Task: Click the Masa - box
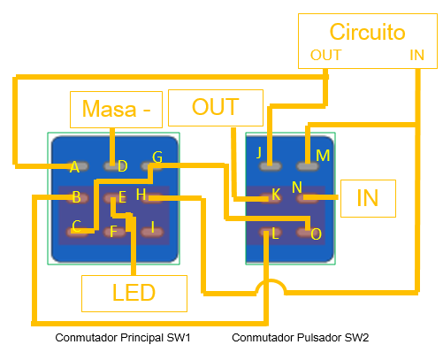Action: pos(116,110)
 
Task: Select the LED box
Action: pos(134,294)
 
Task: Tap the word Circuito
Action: pos(367,32)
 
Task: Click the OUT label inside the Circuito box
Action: pos(325,55)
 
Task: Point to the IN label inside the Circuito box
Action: pos(416,55)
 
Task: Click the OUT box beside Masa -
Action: pos(216,108)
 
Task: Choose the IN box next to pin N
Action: pos(368,198)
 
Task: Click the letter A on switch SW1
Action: pos(74,167)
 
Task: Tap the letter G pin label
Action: pos(157,157)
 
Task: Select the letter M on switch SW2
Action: pos(323,156)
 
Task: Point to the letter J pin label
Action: pos(259,153)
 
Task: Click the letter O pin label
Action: pos(316,234)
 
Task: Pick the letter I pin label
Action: pos(153,227)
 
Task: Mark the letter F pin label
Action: pos(113,232)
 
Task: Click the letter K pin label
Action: pos(276,195)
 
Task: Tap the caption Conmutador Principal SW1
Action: pos(123,338)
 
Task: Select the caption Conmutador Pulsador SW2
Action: pos(300,338)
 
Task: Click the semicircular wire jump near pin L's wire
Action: pos(271,281)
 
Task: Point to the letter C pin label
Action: pos(76,226)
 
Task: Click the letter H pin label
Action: pos(141,195)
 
